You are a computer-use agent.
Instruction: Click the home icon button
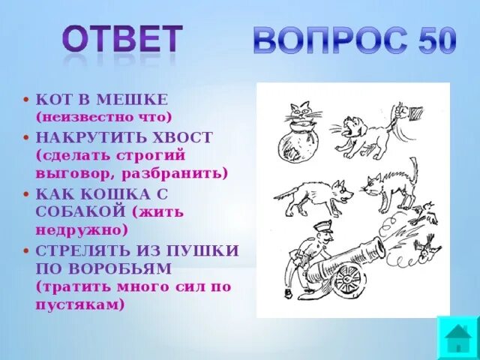(457, 338)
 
